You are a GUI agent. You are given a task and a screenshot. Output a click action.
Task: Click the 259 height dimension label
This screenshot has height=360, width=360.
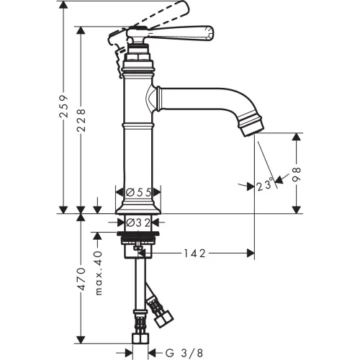click(64, 107)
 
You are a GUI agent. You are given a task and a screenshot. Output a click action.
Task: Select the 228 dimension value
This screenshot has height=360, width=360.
click(81, 120)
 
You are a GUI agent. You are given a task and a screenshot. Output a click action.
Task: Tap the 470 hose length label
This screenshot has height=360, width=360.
click(81, 279)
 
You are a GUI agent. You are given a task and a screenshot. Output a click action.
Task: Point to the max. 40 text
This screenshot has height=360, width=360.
click(98, 273)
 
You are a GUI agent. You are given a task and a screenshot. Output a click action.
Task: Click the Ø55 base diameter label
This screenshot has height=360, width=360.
click(138, 192)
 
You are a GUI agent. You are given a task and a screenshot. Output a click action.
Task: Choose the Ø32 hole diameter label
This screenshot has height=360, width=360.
click(138, 223)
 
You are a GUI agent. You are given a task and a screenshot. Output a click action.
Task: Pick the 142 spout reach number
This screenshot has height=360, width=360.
click(194, 253)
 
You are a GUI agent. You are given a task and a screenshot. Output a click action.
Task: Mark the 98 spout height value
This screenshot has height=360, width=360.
click(297, 174)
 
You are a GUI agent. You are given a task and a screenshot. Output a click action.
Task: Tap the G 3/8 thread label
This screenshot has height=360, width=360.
click(184, 353)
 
